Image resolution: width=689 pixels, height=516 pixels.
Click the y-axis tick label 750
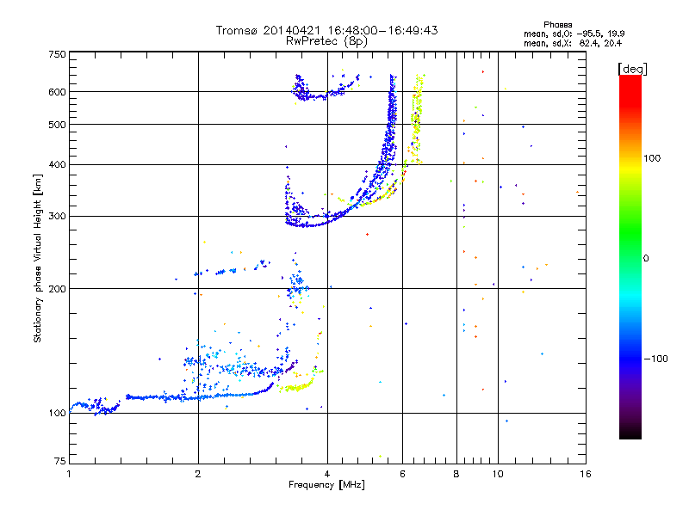[58, 54]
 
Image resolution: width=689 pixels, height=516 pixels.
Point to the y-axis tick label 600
[58, 92]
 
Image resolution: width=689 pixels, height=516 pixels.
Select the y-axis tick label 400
[58, 164]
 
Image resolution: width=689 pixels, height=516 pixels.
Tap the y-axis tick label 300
[58, 216]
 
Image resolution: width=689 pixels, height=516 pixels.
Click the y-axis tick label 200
[58, 288]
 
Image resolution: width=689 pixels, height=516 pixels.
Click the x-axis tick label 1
[69, 474]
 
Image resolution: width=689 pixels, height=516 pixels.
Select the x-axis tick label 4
[327, 474]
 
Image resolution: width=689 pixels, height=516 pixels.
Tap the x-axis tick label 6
[402, 474]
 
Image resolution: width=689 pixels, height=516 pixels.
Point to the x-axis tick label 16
[585, 474]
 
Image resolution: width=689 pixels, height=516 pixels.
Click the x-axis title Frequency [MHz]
[327, 485]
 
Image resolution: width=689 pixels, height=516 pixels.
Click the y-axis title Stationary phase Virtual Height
[38, 258]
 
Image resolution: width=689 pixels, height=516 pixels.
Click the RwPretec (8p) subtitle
[327, 40]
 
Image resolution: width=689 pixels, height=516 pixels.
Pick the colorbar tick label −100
[655, 358]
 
